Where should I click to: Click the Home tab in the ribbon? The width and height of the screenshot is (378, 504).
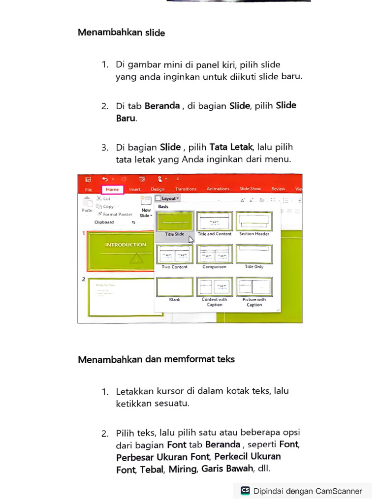tap(112, 189)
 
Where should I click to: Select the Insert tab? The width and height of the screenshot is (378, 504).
tap(134, 189)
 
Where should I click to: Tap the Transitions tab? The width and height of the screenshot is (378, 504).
tap(186, 189)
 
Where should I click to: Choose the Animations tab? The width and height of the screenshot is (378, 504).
tap(218, 189)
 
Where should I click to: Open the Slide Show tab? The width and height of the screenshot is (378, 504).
tap(250, 189)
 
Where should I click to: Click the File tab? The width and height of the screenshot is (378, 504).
tap(89, 189)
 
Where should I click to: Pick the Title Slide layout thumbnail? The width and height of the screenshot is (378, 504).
tap(175, 221)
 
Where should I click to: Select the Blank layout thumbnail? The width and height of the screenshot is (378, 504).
tap(175, 287)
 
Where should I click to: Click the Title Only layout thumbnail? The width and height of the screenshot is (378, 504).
tap(254, 254)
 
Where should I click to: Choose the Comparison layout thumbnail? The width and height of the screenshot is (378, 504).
tap(215, 254)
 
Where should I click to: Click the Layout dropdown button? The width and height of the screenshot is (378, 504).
tap(167, 198)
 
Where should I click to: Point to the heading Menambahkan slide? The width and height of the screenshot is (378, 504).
tap(121, 33)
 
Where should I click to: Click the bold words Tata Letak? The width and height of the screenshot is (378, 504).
tap(231, 147)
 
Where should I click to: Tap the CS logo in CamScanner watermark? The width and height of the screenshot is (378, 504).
tap(245, 490)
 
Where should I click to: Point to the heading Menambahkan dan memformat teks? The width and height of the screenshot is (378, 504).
tap(156, 359)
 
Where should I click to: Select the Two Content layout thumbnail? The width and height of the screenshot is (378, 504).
tap(175, 254)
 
